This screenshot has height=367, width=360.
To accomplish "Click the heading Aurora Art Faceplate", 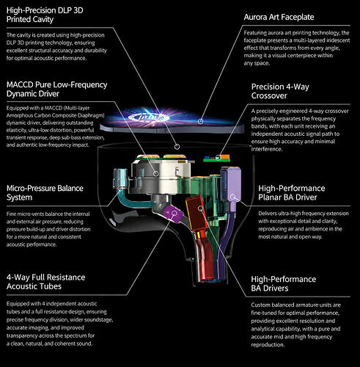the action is tap(279, 17).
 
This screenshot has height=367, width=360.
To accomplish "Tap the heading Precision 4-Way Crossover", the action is tap(280, 91).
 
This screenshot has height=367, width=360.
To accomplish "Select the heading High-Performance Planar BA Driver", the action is tap(292, 192).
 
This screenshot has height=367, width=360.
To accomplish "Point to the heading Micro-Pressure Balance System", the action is tap(45, 193).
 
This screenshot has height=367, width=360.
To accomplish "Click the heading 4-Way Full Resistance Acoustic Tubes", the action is tap(46, 282).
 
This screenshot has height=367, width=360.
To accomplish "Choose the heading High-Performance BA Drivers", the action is tap(284, 283).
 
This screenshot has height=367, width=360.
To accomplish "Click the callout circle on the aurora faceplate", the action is tap(200, 121).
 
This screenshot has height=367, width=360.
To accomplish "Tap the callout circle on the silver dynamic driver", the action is tap(156, 173).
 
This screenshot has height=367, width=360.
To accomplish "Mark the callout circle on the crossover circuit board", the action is tap(218, 158).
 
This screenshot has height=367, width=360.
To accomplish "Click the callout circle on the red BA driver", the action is tap(200, 208).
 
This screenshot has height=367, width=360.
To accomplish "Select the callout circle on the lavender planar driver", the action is tap(232, 197).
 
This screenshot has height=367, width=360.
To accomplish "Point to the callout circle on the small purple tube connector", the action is tap(174, 213).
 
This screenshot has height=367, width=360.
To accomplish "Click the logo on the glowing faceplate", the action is tap(149, 117).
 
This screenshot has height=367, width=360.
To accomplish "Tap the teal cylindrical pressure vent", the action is tap(120, 178).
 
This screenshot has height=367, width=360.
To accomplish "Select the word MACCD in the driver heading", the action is tap(20, 84).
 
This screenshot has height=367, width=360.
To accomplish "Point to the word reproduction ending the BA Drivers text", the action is tap(268, 345).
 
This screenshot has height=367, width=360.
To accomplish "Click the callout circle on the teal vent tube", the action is tap(120, 189).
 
